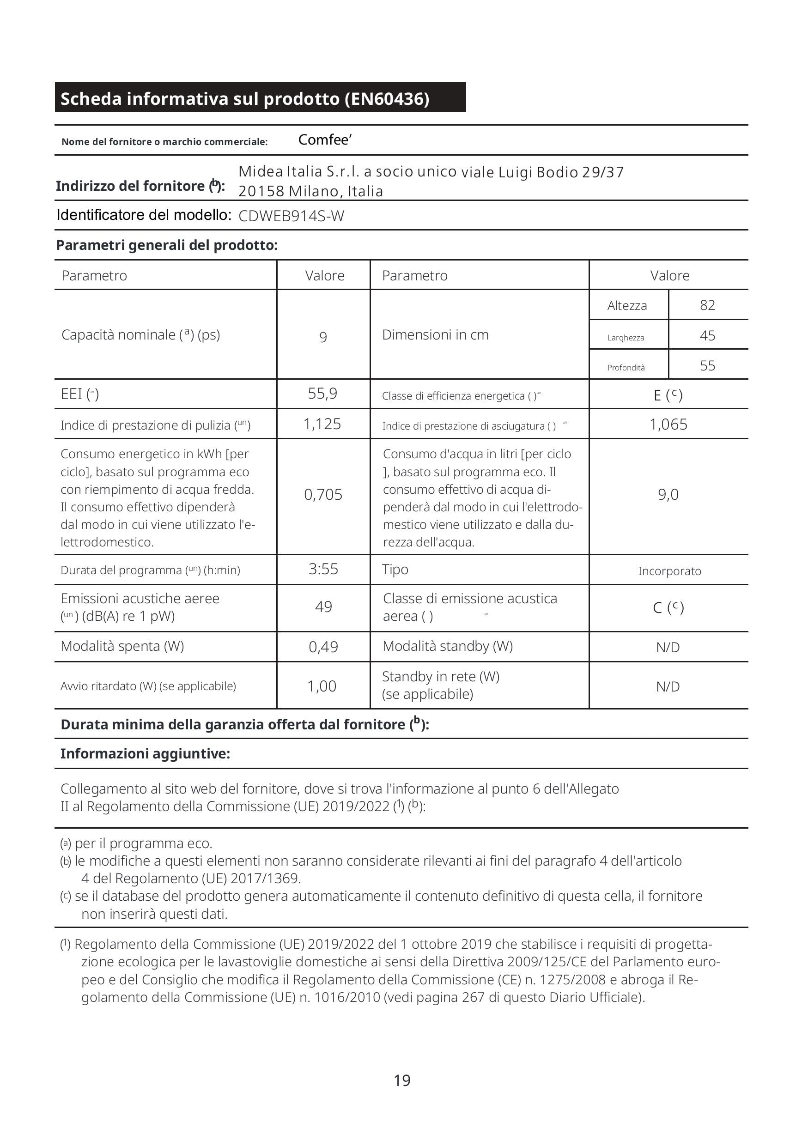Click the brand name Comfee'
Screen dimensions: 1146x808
click(325, 140)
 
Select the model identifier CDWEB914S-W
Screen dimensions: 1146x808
click(291, 216)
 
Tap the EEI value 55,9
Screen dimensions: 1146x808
click(322, 394)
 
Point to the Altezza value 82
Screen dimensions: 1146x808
click(707, 305)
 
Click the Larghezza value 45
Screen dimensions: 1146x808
click(707, 335)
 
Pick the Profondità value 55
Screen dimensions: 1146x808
click(707, 366)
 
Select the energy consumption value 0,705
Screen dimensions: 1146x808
click(323, 495)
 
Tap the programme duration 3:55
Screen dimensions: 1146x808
click(323, 569)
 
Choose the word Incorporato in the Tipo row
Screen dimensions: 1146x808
click(669, 571)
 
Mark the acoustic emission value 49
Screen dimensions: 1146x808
click(323, 607)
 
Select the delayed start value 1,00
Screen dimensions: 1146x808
click(322, 686)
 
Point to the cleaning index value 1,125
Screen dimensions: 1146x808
click(322, 424)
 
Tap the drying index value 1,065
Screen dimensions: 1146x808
click(668, 425)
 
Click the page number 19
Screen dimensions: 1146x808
click(402, 1080)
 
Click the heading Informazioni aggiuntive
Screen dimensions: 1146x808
click(145, 754)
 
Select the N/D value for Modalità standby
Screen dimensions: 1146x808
click(668, 648)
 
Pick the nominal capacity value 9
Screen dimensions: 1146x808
click(323, 337)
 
